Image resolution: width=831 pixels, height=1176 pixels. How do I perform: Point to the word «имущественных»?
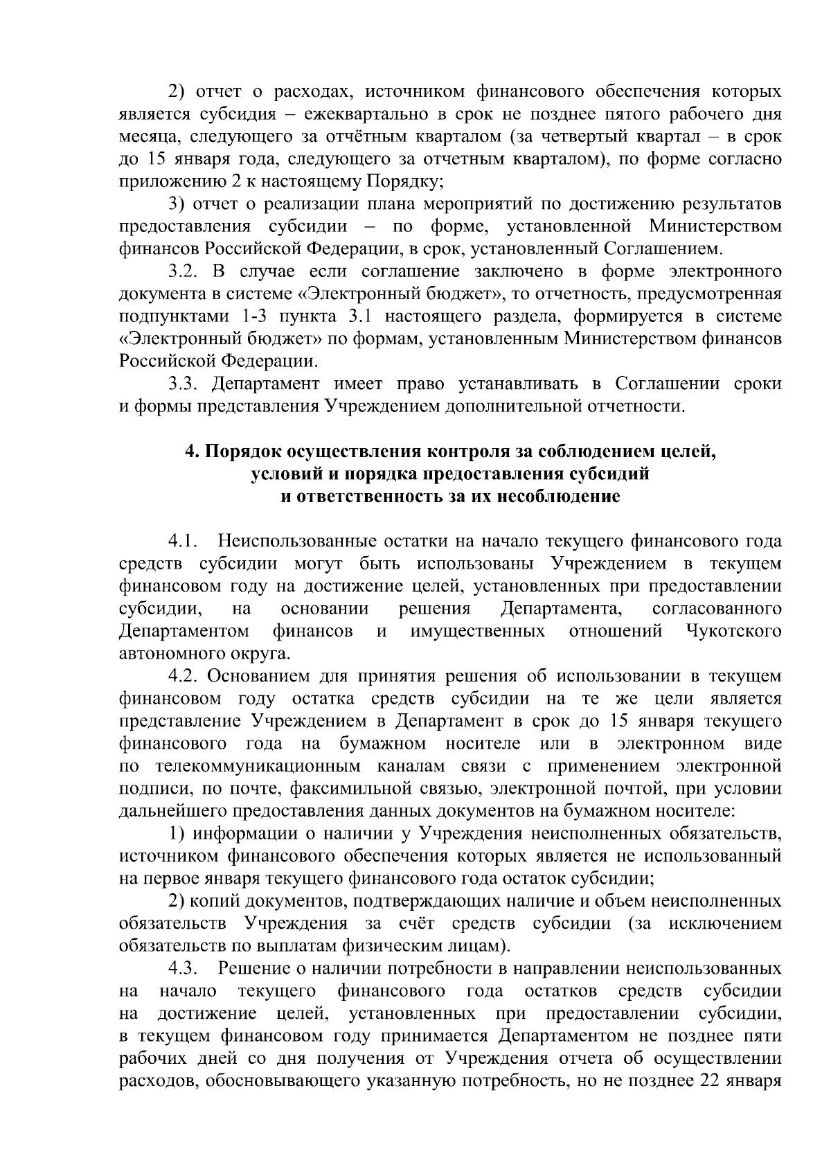(x=477, y=631)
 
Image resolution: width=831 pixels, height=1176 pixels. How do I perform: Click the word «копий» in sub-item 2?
(x=215, y=901)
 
